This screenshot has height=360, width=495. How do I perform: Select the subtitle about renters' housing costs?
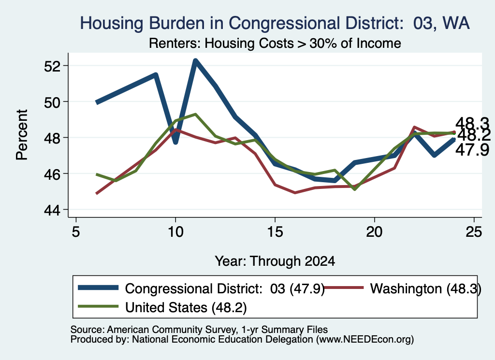click(x=275, y=43)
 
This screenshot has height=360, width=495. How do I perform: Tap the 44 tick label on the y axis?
click(x=52, y=210)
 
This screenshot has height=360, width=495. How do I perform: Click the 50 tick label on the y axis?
click(x=52, y=102)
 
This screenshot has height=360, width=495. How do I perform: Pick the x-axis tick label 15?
click(x=275, y=232)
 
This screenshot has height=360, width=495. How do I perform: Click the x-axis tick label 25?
click(x=474, y=232)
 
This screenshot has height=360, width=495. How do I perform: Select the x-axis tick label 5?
click(x=76, y=232)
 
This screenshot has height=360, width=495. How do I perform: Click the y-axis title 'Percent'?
click(x=22, y=135)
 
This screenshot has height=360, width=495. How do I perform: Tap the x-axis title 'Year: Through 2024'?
click(x=275, y=261)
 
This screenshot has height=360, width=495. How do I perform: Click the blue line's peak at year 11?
click(x=195, y=61)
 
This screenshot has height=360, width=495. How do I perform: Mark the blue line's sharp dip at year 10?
click(x=175, y=142)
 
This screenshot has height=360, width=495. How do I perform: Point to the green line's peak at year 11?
click(x=195, y=114)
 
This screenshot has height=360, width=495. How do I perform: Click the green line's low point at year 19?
click(x=355, y=189)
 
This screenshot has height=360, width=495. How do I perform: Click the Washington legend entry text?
click(x=425, y=288)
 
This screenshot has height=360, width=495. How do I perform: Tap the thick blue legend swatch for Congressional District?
click(x=98, y=288)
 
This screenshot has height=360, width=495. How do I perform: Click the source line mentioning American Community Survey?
click(x=199, y=330)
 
